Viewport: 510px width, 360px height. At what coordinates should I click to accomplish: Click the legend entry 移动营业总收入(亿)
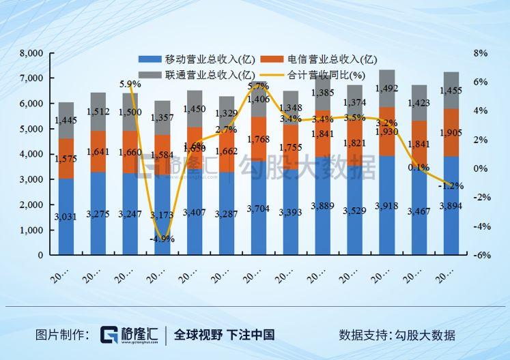point(194,59)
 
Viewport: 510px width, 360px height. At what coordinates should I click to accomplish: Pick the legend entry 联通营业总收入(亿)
point(194,74)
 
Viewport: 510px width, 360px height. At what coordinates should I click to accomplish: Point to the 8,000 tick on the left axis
point(31,53)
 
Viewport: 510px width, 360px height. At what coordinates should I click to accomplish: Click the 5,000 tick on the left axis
point(31,129)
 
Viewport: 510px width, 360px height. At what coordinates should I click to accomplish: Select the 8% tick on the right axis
point(481,53)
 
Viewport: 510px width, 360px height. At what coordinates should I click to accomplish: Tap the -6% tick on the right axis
point(482,255)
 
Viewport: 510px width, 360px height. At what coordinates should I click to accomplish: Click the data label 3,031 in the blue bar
point(66,217)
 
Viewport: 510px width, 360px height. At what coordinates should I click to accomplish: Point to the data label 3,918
point(386,207)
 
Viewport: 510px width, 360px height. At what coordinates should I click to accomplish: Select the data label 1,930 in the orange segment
point(386,131)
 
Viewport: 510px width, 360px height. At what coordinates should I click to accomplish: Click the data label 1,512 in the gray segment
point(98,112)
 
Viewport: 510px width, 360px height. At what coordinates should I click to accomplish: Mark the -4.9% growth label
point(162,239)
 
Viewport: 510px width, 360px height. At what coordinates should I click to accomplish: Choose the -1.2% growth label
point(451,185)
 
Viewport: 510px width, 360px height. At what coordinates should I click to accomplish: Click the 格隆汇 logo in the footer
point(129,335)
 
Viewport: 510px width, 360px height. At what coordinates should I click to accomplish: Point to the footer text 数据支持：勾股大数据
point(397,335)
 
